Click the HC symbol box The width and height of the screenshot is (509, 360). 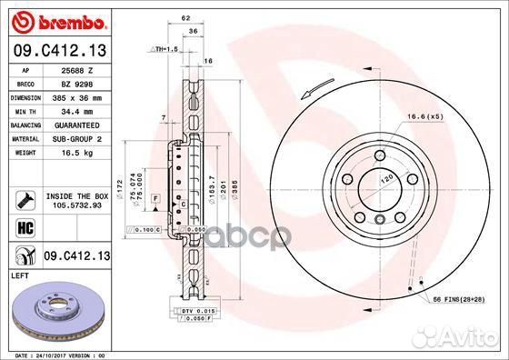coord(25,225)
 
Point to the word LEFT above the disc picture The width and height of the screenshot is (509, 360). coord(20,275)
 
